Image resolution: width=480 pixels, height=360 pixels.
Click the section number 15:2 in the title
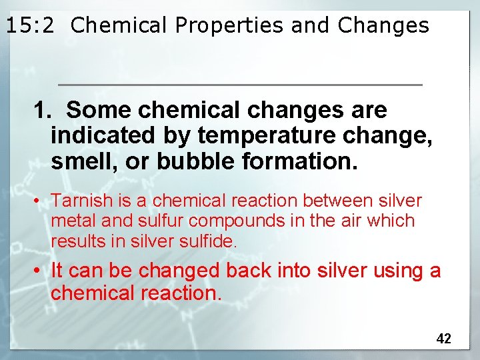point(33,25)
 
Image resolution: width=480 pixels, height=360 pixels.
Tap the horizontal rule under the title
point(240,85)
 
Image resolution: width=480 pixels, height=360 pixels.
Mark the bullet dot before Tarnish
point(41,201)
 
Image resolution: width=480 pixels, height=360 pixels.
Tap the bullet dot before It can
point(41,271)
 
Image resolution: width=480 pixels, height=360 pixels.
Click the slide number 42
point(443,339)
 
